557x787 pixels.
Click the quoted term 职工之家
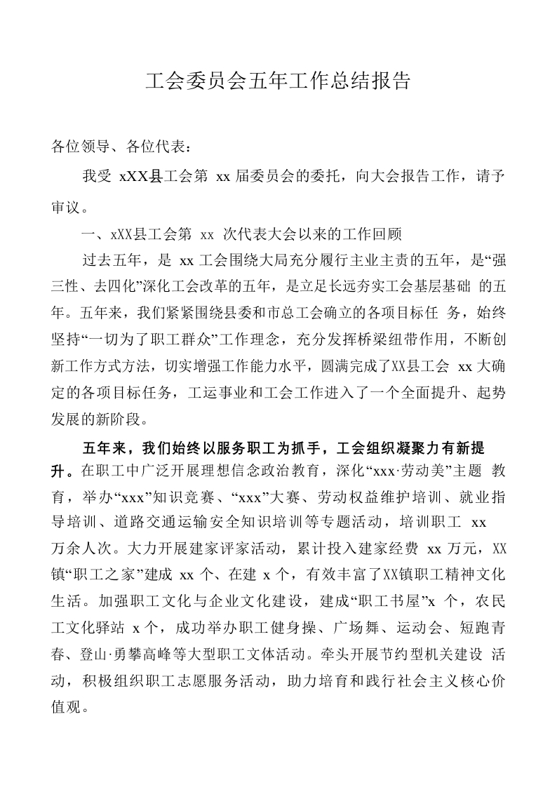(110, 575)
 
